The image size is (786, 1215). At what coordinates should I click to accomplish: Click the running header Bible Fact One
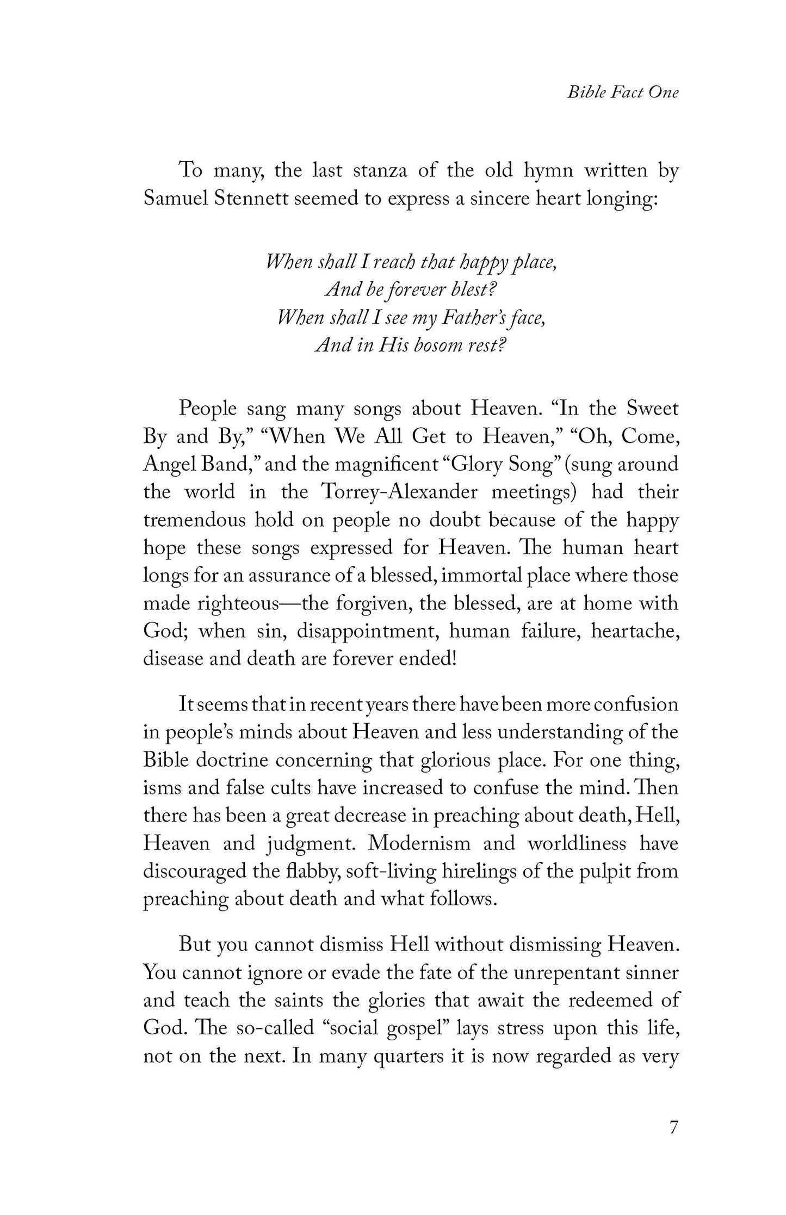pyautogui.click(x=623, y=92)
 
